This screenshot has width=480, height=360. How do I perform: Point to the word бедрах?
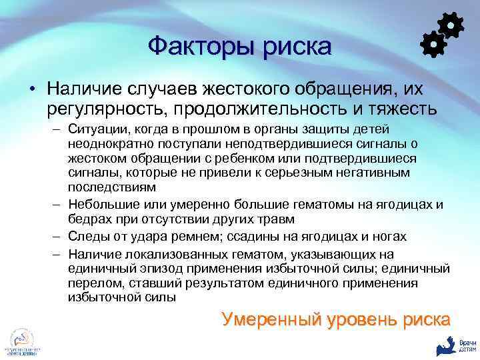85,219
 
